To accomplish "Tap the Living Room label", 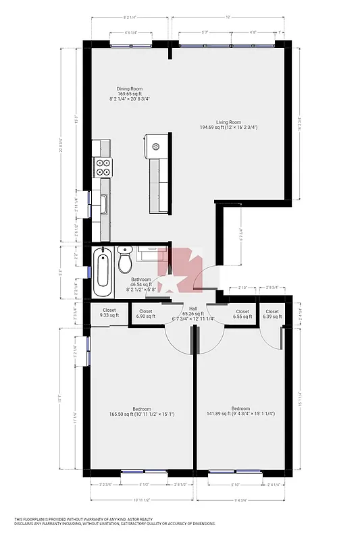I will click(228, 122).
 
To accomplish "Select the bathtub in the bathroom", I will click(103, 271).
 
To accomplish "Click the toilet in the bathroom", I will click(125, 259).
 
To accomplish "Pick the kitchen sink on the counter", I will click(104, 202).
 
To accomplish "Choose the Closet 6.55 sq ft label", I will click(242, 314).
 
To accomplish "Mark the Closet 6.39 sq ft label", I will click(272, 314).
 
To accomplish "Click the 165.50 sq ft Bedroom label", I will click(141, 411).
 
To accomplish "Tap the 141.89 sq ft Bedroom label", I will click(240, 411).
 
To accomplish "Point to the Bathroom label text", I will click(141, 279).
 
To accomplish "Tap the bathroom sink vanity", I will click(151, 251).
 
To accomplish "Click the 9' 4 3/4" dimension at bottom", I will click(240, 500).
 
